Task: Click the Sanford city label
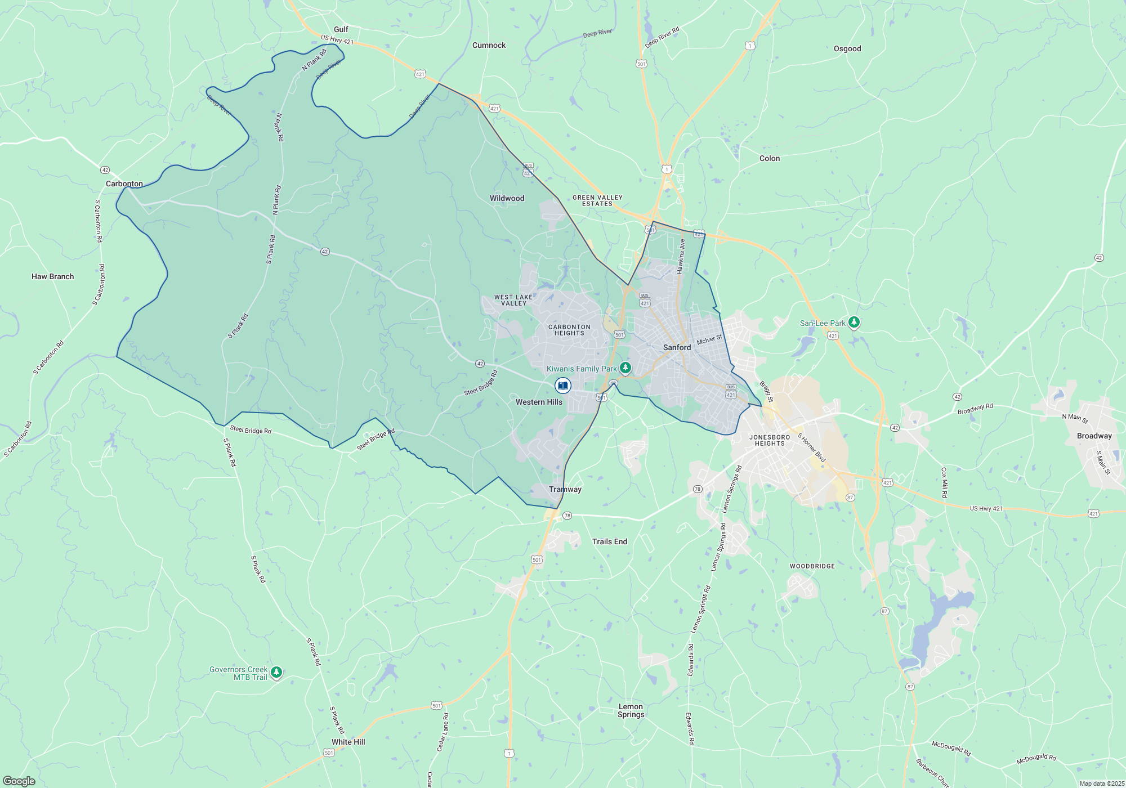click(x=677, y=347)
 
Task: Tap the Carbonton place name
click(x=124, y=183)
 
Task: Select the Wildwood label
click(x=507, y=198)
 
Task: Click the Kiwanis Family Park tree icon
click(x=625, y=368)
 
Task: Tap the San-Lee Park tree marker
click(x=854, y=322)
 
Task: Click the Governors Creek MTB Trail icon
click(x=276, y=672)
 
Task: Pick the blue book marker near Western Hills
click(x=562, y=386)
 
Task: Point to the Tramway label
click(x=565, y=489)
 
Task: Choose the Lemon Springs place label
click(x=631, y=710)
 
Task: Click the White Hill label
click(x=348, y=742)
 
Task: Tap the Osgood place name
click(x=847, y=48)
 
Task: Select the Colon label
click(x=770, y=158)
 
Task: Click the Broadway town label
click(x=1094, y=436)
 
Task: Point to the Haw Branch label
click(x=53, y=276)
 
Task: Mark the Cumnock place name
click(x=489, y=45)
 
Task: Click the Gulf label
click(x=341, y=29)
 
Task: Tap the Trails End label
click(x=609, y=541)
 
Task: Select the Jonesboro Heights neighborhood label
click(x=770, y=440)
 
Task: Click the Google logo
click(x=19, y=781)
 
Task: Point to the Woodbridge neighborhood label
click(x=812, y=566)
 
